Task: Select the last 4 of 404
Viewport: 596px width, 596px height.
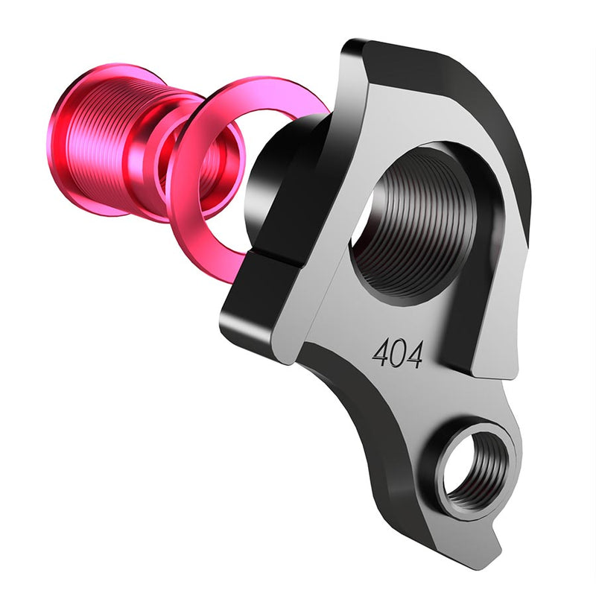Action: pyautogui.click(x=414, y=355)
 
